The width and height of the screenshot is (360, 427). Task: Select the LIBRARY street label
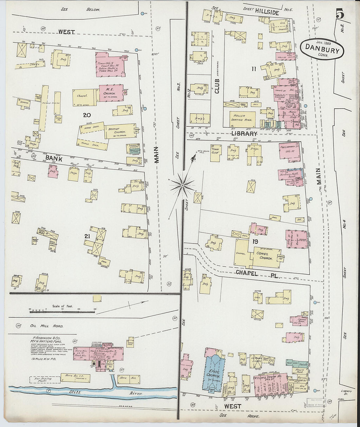click(244, 134)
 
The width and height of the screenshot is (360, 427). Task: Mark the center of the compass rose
click(182, 186)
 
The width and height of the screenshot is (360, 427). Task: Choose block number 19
click(255, 242)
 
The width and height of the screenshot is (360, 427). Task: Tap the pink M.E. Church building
click(110, 91)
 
